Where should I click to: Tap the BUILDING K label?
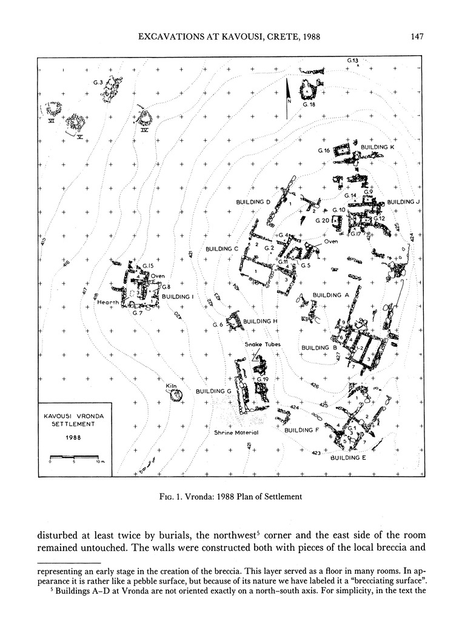(378, 147)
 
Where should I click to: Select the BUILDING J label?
(404, 202)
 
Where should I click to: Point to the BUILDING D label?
(253, 201)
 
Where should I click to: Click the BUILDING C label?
(223, 249)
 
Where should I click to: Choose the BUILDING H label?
(260, 321)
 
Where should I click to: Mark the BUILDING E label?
(348, 458)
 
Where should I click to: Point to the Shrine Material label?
(236, 433)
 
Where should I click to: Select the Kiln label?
(170, 385)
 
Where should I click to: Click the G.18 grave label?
(309, 105)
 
